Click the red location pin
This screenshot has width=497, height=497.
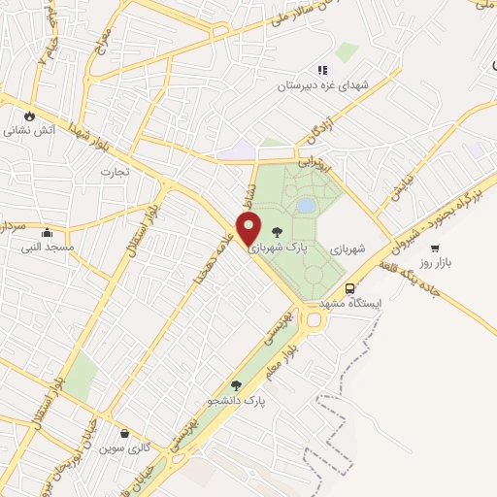249,229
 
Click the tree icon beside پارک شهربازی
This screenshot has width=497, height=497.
279,231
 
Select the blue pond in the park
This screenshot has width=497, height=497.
306,206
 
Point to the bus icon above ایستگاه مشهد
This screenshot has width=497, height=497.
350,287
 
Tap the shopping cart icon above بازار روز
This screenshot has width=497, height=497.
434,248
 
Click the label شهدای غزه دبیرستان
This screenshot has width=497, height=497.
326,86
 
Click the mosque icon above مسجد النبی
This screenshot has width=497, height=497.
47,232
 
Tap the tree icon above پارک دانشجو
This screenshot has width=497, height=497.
236,385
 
